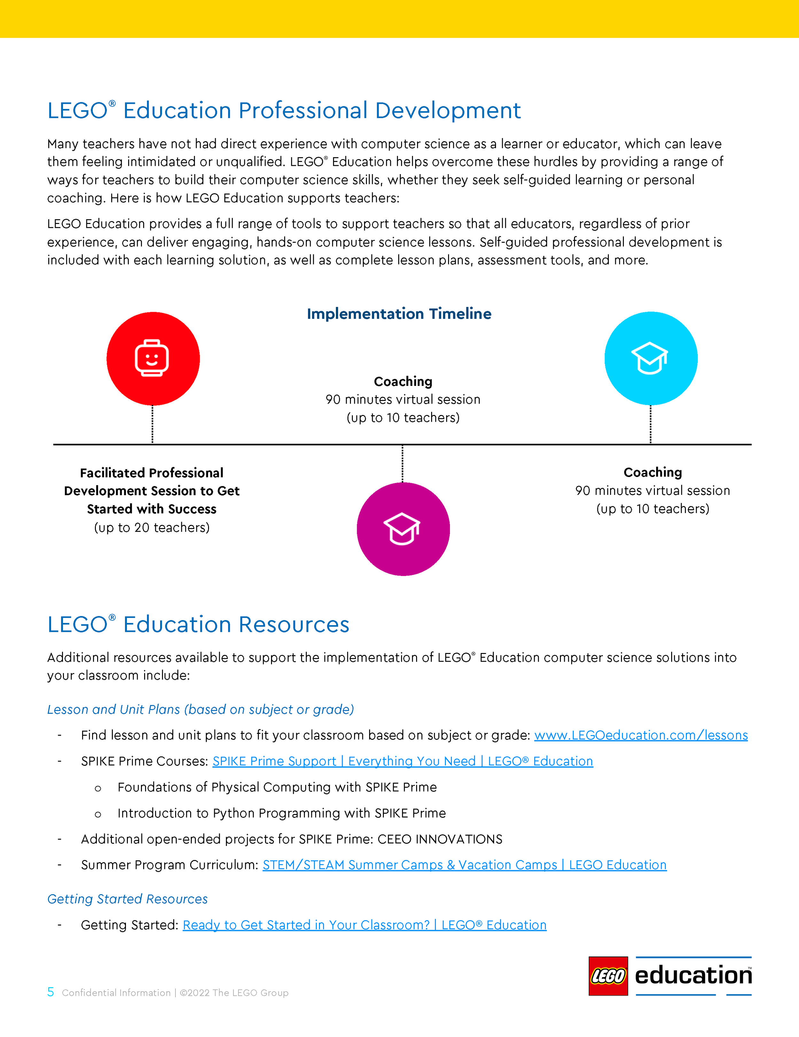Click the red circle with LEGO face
(x=153, y=358)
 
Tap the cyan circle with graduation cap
(x=650, y=358)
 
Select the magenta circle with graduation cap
(x=403, y=529)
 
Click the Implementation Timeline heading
(x=399, y=314)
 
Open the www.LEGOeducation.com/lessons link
(x=640, y=735)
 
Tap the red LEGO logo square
(x=608, y=976)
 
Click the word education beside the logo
(x=693, y=975)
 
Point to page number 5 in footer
(x=50, y=992)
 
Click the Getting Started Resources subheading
(x=127, y=899)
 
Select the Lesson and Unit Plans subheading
(x=200, y=709)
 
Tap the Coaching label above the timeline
(x=403, y=382)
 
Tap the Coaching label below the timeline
(x=652, y=472)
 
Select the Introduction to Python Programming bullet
(x=281, y=813)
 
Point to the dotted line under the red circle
(x=152, y=425)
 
